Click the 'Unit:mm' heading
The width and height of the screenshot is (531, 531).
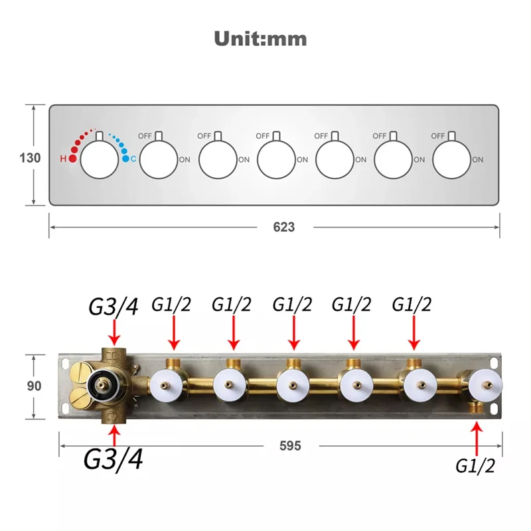(260, 38)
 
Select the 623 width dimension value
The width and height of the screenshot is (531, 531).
(284, 227)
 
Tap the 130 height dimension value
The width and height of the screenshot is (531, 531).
(30, 158)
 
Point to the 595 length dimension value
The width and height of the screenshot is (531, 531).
(290, 445)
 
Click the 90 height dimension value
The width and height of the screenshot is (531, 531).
(34, 386)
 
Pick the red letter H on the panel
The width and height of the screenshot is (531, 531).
(63, 159)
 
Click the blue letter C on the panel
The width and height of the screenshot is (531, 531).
(133, 159)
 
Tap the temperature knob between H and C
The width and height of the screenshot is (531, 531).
(99, 159)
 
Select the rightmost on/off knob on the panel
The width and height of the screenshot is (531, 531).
(451, 159)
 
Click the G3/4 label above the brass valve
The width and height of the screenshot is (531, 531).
(114, 307)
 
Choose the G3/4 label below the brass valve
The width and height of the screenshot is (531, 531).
(113, 459)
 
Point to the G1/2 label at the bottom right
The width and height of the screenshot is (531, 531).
(475, 466)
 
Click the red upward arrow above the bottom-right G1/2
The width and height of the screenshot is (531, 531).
(477, 439)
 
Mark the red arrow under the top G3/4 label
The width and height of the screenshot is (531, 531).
(114, 333)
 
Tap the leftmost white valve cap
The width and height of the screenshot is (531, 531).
(166, 386)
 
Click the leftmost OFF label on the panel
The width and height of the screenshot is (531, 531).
(145, 136)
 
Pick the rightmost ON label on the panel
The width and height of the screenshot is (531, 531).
(477, 159)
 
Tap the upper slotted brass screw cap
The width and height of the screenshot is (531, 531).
(80, 373)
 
